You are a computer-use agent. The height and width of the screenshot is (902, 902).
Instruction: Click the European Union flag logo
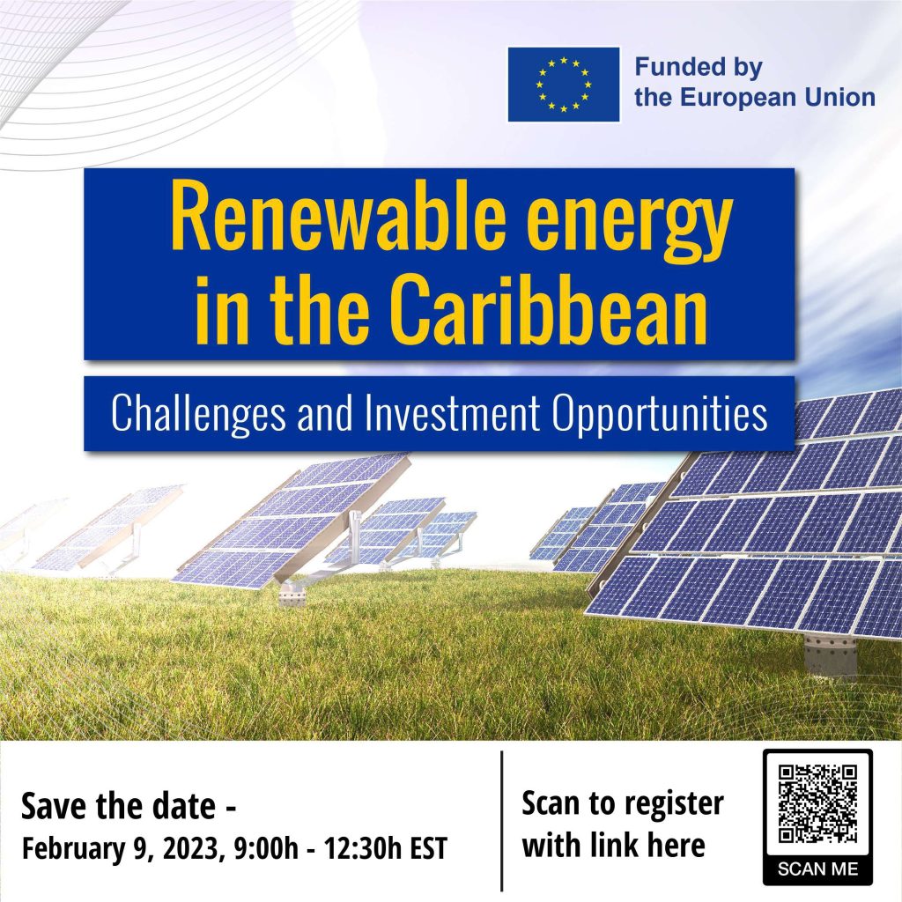tap(564, 85)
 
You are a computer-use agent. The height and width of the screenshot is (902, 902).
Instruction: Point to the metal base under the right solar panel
tap(830, 657)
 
